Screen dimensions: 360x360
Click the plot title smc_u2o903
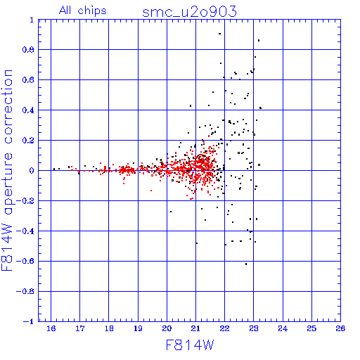[x=189, y=12]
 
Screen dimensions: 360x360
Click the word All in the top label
[x=65, y=11]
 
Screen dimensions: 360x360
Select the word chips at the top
[x=92, y=11]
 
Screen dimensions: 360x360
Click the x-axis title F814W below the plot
[x=190, y=345]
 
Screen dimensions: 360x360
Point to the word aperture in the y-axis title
[x=8, y=184]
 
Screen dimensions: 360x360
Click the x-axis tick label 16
[x=51, y=328]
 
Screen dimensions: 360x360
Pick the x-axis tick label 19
[x=138, y=328]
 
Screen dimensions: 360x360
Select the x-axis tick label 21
[x=195, y=328]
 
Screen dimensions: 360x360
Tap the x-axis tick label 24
[x=283, y=328]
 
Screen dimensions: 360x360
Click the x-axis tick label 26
[x=340, y=328]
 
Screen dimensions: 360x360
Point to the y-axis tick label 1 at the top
[x=32, y=20]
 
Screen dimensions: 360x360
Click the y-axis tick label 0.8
[x=28, y=50]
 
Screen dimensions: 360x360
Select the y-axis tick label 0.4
[x=28, y=110]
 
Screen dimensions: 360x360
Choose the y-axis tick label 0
[x=32, y=171]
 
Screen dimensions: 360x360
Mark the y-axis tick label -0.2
[x=25, y=201]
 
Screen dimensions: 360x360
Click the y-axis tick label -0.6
[x=25, y=261]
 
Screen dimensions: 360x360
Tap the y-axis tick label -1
[x=29, y=321]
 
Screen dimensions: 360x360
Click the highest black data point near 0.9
[x=219, y=34]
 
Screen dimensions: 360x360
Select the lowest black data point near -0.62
[x=246, y=264]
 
